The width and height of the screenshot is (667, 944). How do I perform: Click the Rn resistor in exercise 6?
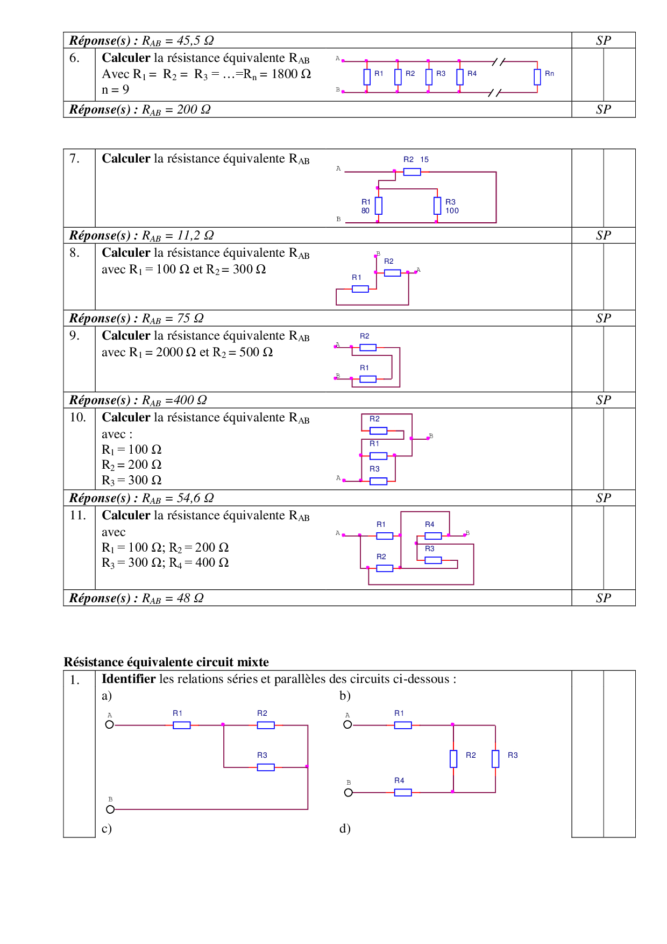click(537, 77)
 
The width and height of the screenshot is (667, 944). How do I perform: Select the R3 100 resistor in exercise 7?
click(437, 206)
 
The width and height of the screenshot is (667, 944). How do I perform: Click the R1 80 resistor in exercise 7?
click(379, 206)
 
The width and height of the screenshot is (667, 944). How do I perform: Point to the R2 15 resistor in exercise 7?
click(412, 172)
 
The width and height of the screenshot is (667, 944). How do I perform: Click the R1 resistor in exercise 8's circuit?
click(360, 289)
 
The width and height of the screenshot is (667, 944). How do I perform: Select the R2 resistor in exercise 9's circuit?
click(368, 348)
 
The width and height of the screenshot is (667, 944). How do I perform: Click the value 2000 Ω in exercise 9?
click(176, 353)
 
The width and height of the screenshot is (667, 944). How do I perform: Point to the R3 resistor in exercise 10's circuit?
click(378, 481)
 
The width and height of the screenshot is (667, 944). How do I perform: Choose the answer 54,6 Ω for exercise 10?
click(195, 498)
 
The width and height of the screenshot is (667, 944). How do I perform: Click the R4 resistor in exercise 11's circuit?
click(433, 536)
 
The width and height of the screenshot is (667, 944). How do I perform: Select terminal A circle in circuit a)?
click(110, 724)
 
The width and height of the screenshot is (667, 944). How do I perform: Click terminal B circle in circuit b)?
click(349, 793)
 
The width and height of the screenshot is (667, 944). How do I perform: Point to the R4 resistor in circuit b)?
click(403, 792)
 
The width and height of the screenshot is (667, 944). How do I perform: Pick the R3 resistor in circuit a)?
click(266, 767)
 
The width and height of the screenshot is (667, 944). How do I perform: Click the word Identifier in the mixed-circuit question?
click(129, 679)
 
